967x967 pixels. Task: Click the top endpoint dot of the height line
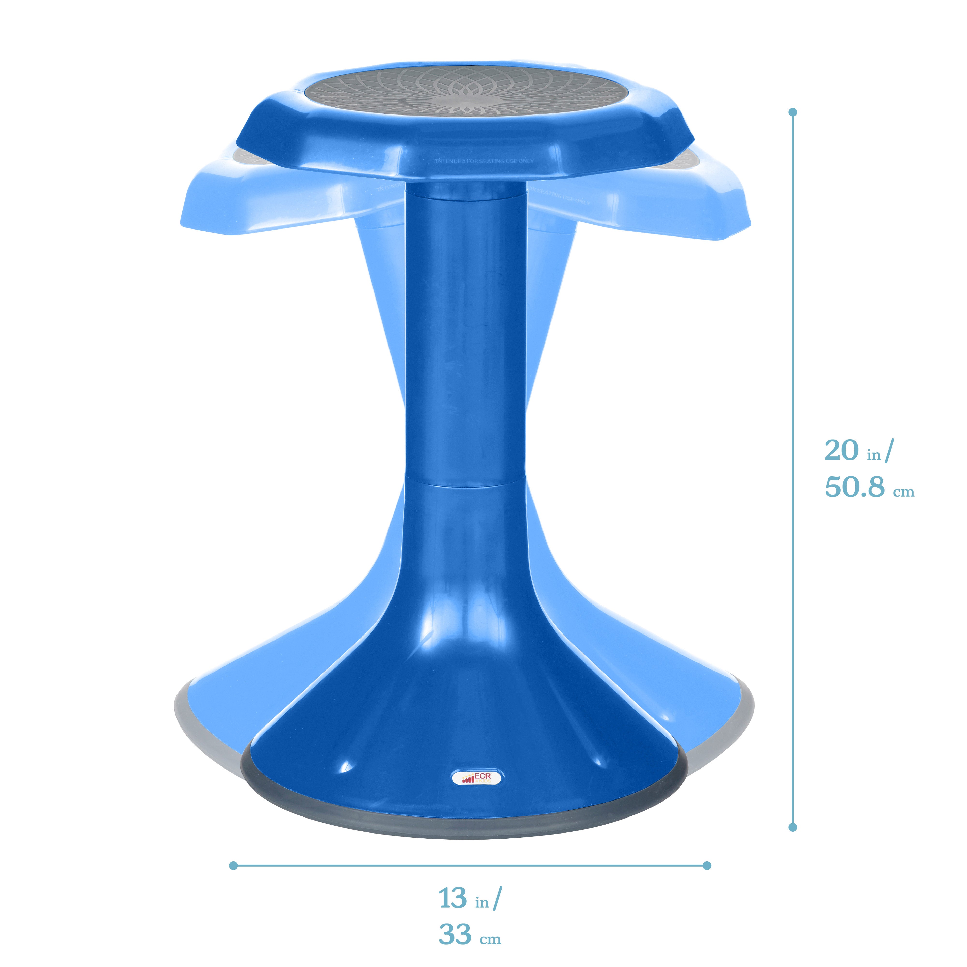tap(792, 112)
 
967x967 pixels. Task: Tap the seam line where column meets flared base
tap(465, 484)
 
